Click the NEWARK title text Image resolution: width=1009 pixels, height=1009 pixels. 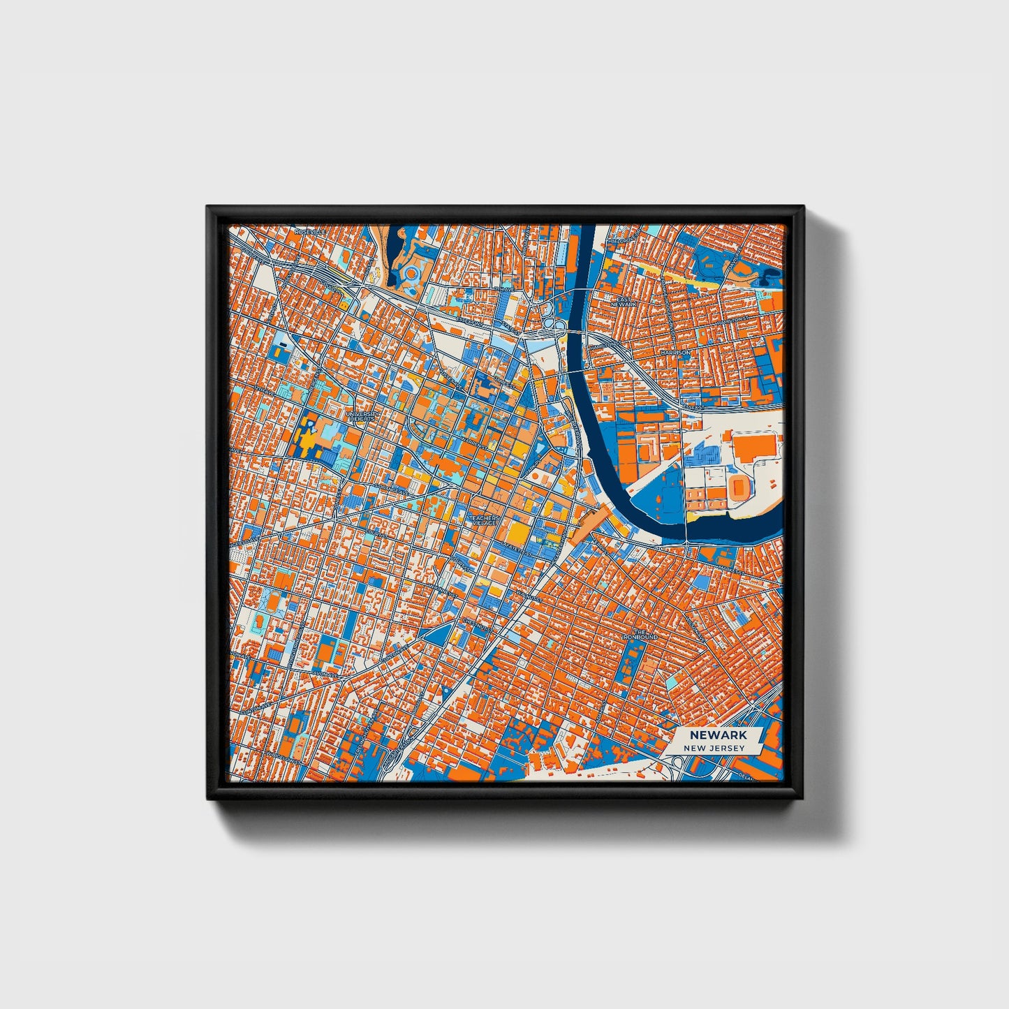point(718,735)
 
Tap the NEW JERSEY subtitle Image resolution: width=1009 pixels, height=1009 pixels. point(714,748)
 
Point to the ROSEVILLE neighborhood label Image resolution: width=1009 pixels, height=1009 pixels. point(310,231)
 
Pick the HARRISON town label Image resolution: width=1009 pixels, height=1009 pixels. point(675,353)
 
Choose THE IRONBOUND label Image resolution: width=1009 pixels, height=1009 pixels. point(640,634)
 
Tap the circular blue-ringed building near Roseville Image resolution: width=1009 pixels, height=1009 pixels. point(412,274)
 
